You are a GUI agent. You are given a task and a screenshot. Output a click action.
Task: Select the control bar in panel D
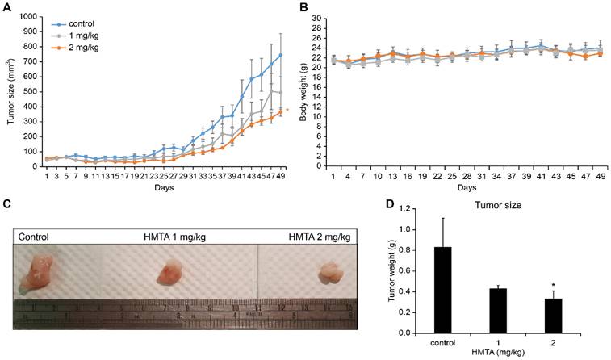coord(442,290)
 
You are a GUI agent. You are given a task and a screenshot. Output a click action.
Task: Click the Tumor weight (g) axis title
coord(393,271)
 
